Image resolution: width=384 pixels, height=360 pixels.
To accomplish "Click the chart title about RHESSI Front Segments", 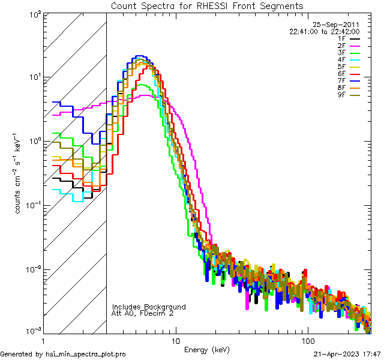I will click(207, 5).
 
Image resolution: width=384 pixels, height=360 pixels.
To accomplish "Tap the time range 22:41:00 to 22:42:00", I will click(324, 31).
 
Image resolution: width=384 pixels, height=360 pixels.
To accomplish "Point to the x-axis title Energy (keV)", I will click(207, 350).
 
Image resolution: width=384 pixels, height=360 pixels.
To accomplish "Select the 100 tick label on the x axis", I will click(307, 340).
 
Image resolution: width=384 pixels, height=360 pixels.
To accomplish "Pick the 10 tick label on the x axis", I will click(175, 340).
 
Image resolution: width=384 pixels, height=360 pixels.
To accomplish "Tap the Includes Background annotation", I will click(149, 307).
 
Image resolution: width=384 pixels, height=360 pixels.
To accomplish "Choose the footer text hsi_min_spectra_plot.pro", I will click(85, 355).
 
